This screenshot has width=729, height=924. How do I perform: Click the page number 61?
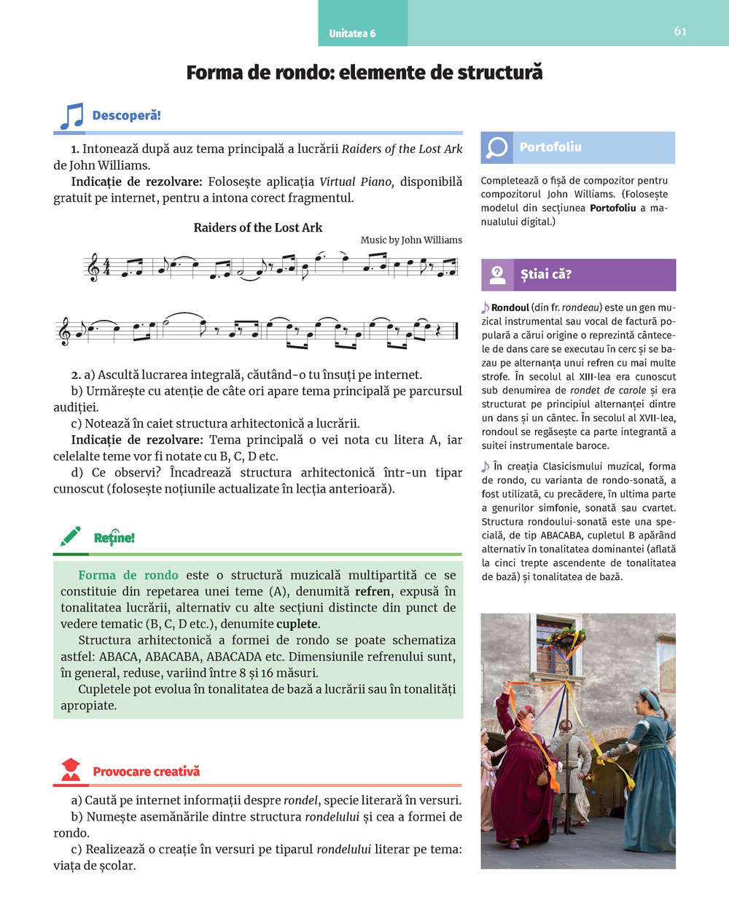point(680,31)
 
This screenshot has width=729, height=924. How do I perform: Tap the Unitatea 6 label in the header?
point(352,34)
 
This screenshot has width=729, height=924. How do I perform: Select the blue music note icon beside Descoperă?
point(71,116)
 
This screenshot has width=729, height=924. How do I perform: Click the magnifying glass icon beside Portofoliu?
point(496,147)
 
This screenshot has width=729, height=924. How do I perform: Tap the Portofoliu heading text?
point(550,147)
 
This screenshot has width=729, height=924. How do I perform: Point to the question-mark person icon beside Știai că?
point(497,275)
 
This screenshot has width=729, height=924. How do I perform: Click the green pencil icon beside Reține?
point(71,537)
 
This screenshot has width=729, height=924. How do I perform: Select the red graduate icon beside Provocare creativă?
point(71,770)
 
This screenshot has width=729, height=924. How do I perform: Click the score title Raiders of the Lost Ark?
point(258,227)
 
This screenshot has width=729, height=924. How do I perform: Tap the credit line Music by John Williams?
point(411,240)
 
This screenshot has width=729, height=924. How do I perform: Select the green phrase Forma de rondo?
point(128,575)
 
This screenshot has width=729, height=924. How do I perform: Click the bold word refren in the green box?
point(373,591)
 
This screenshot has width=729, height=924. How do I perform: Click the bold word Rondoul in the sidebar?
point(510,308)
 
